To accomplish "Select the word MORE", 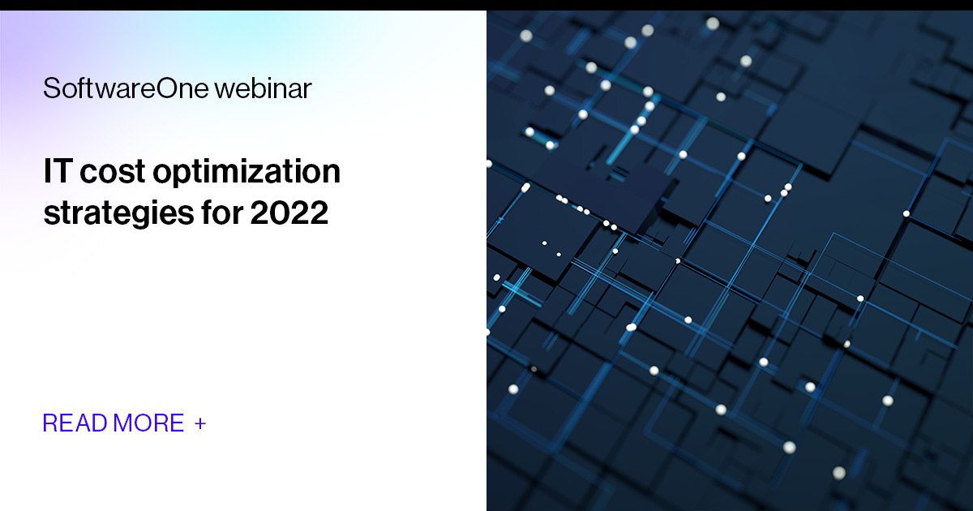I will [148, 423].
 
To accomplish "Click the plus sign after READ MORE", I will [200, 423].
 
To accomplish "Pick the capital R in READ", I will [49, 423].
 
